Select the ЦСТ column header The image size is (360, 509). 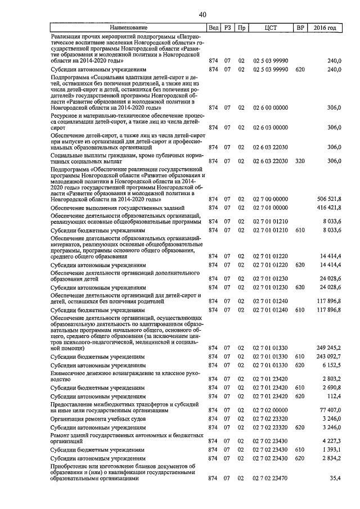click(272, 28)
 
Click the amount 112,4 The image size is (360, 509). click(334, 396)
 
